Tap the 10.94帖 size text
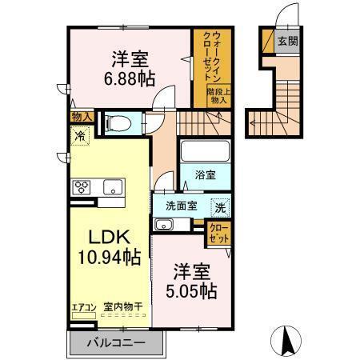(x=110, y=257)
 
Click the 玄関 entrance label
(x=286, y=42)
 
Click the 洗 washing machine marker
(x=220, y=206)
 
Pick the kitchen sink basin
(x=111, y=188)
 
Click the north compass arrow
(x=286, y=340)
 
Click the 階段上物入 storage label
(x=219, y=97)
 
